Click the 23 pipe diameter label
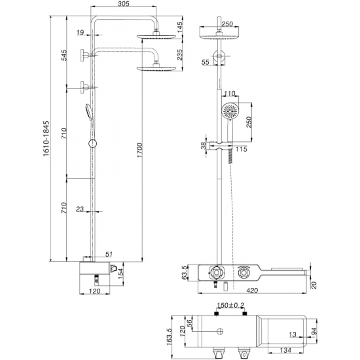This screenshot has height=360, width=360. click(79, 209)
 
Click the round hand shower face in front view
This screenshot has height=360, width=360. click(230, 111)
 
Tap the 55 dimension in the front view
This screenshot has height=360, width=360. click(206, 62)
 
